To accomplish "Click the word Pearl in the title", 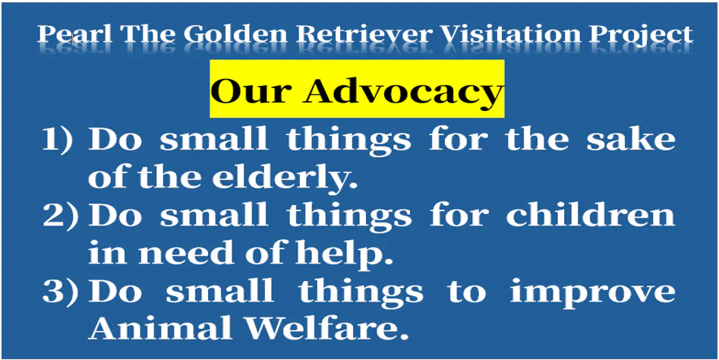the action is pos(74,34).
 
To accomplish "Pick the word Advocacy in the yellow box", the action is pos(402,90).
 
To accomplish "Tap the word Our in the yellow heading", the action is pos(251,92).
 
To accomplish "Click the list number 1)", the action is pos(57,141).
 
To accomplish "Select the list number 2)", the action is pos(61,215).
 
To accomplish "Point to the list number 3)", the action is pos(61,291).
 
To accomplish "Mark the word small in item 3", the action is pos(220,290).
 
